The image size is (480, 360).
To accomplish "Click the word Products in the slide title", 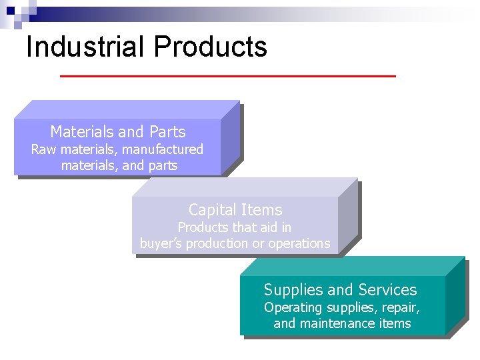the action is coord(210,47).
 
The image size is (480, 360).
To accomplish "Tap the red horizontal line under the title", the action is coord(227,77).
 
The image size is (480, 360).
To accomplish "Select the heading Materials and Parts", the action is coord(118,132).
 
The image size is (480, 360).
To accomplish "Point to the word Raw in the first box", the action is coord(44,149).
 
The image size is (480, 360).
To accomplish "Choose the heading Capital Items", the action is coord(235,210).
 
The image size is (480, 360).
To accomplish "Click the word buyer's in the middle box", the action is coord(161,244).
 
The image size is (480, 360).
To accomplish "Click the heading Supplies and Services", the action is coord(340,290).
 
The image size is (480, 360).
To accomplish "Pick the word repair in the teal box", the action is coord(401,308).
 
